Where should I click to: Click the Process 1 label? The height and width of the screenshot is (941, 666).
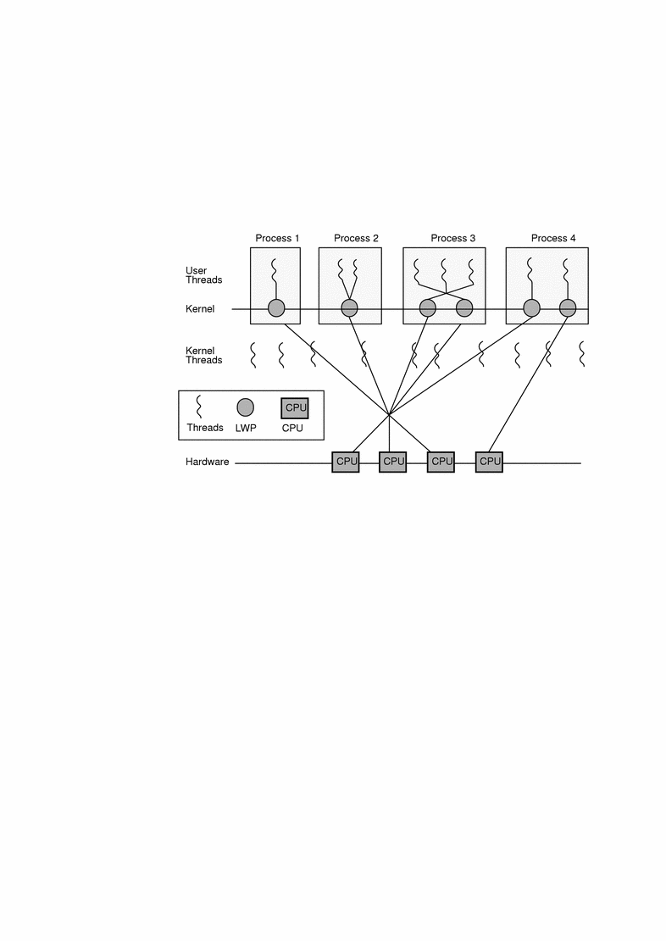(277, 238)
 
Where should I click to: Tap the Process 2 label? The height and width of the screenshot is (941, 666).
(356, 238)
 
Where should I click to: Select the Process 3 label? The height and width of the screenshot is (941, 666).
(453, 238)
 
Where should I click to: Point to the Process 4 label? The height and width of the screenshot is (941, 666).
(553, 238)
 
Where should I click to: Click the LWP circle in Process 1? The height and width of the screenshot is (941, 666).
(276, 308)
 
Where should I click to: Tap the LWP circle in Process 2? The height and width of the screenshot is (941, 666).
(349, 308)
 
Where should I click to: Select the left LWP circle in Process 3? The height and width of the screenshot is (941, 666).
(428, 308)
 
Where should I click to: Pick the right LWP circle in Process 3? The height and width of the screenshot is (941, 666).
(463, 308)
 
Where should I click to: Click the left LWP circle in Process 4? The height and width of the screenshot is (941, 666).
(531, 308)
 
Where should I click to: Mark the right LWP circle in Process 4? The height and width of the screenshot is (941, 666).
(567, 308)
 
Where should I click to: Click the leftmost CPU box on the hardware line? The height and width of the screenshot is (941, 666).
(346, 462)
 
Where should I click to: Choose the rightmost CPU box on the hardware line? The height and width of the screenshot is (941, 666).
(489, 462)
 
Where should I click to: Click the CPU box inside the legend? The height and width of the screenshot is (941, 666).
(295, 408)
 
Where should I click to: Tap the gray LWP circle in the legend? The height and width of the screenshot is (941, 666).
(246, 407)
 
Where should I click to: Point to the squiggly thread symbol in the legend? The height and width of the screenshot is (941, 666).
(199, 407)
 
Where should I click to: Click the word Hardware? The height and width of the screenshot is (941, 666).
(208, 462)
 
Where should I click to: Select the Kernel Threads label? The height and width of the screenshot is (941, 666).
(203, 355)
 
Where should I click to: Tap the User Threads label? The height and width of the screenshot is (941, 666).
(203, 275)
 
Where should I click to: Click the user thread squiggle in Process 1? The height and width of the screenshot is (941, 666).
(274, 274)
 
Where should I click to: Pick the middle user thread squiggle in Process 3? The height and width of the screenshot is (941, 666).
(444, 272)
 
